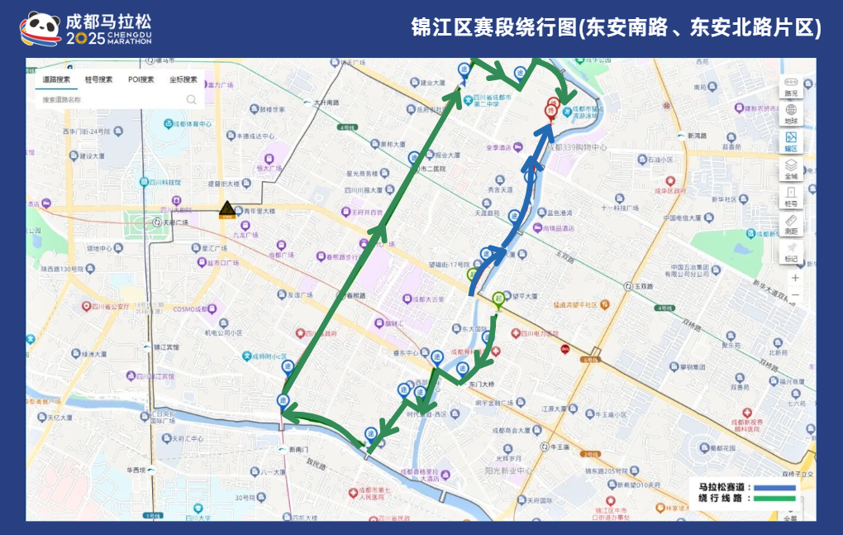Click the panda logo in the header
40,27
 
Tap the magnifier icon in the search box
191,99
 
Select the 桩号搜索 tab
98,79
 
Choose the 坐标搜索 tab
183,79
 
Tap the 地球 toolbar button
791,113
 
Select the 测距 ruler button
791,225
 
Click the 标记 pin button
791,251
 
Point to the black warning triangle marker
226,209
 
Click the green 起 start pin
498,299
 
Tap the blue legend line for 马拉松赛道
772,488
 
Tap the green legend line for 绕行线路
772,499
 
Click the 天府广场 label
174,222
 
